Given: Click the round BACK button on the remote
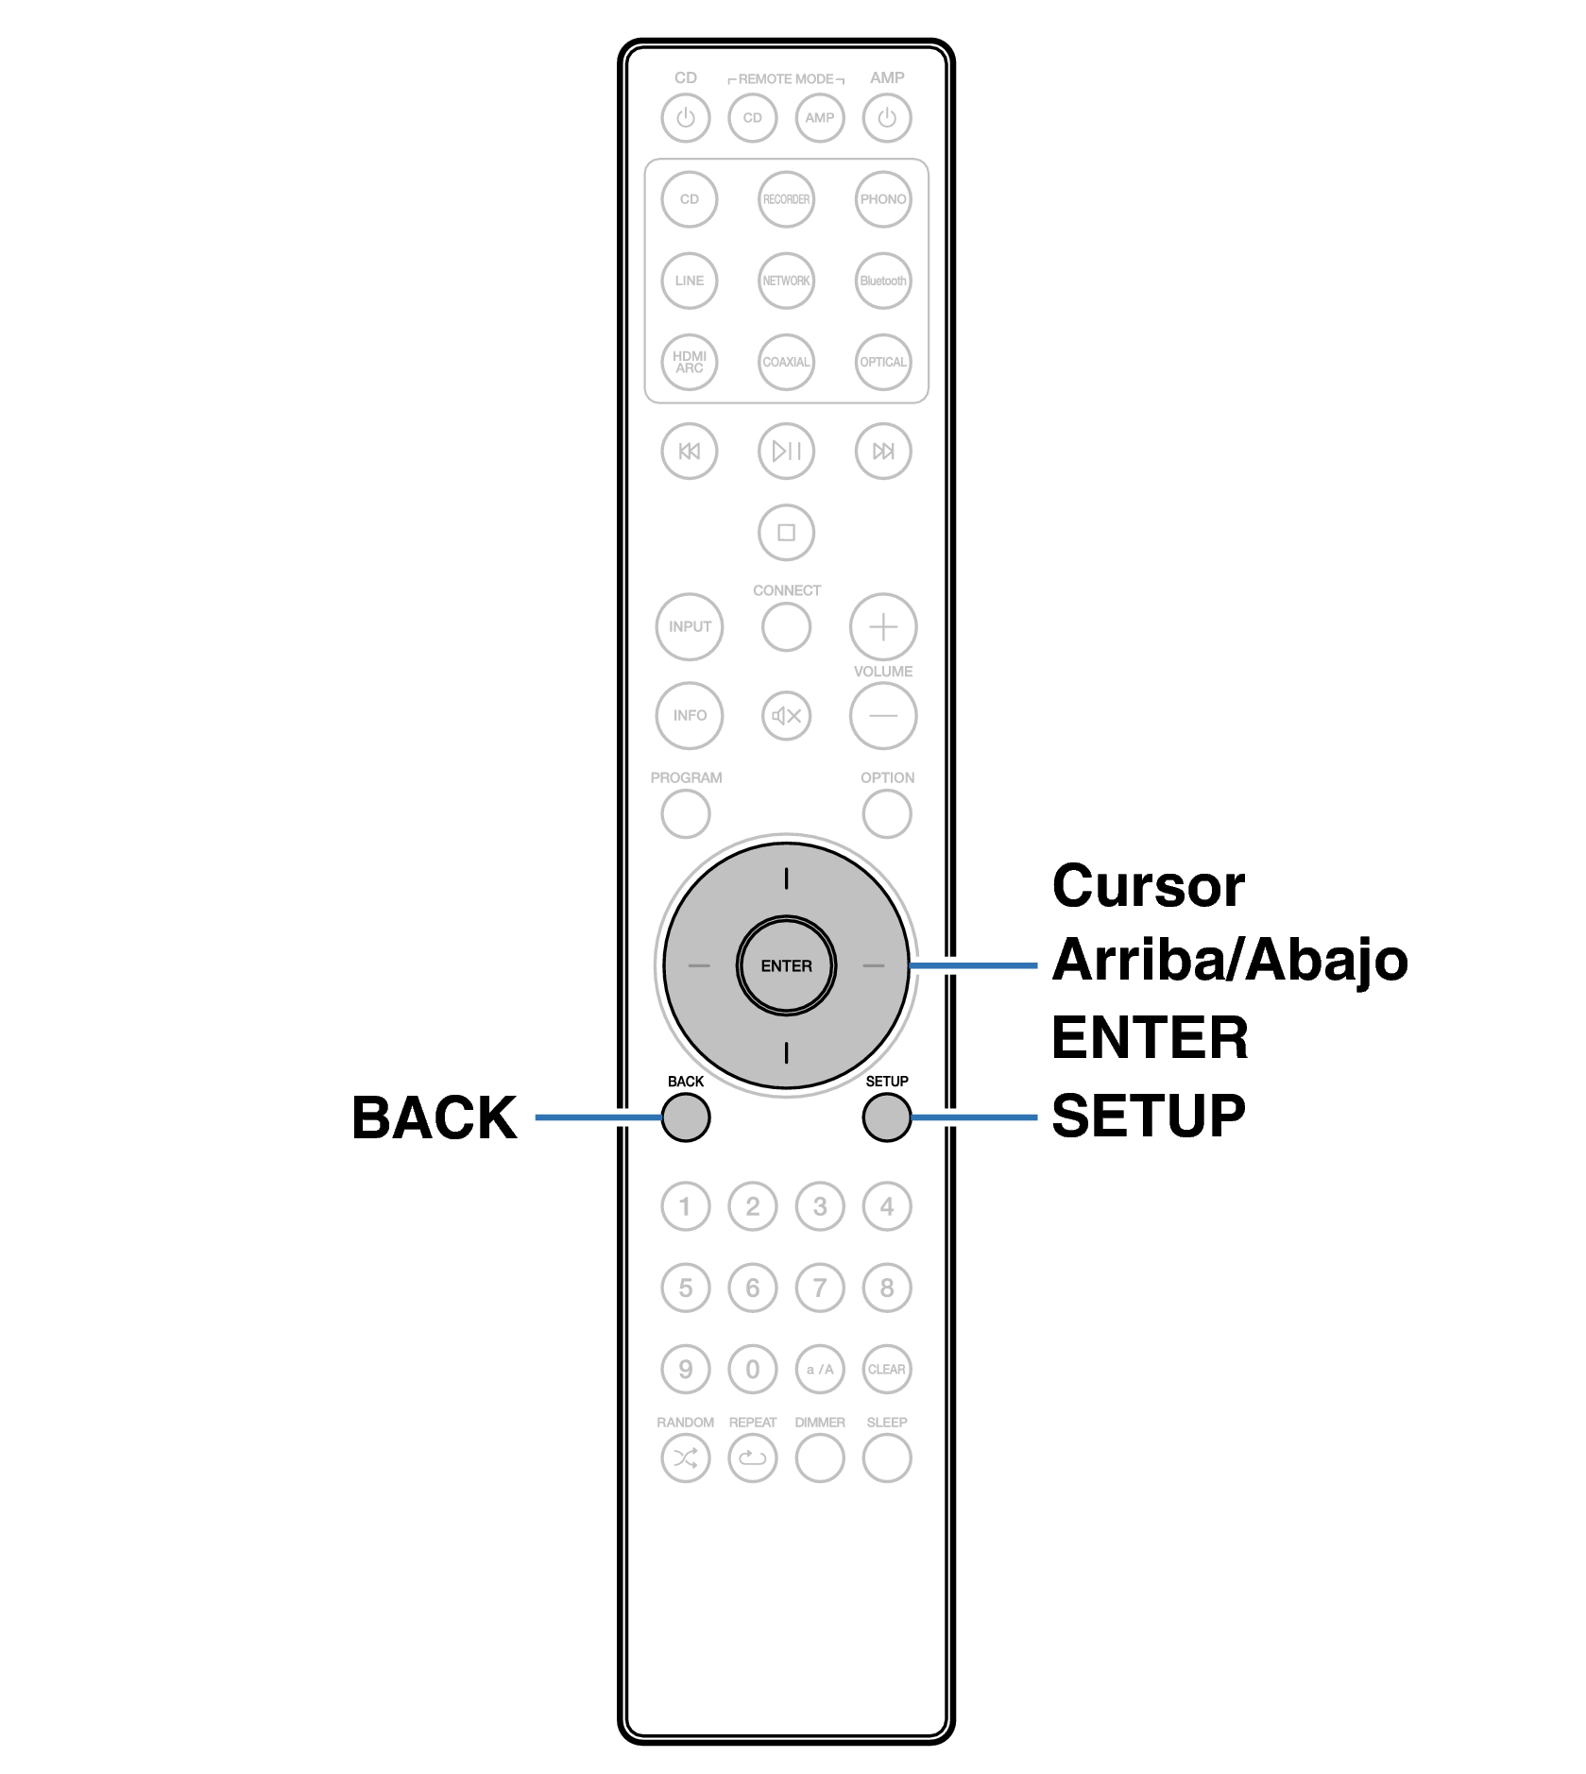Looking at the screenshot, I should [685, 1117].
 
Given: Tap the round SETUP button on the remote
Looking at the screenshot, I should [886, 1117].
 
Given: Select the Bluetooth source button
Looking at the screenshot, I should [882, 281].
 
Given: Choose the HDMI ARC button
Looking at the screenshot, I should [689, 362].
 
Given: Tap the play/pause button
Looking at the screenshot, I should [786, 451].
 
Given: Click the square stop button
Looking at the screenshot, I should [786, 532].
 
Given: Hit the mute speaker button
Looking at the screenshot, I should [786, 715].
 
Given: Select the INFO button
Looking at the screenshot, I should [689, 715].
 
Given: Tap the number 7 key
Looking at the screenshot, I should [819, 1288].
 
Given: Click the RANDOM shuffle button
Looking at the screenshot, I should [685, 1458].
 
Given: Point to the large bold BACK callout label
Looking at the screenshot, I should [434, 1117].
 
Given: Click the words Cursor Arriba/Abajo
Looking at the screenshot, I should [1228, 923].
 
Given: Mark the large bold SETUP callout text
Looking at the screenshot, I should [1148, 1116].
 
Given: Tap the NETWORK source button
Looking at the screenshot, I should [786, 281].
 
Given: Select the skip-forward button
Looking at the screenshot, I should [882, 451].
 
